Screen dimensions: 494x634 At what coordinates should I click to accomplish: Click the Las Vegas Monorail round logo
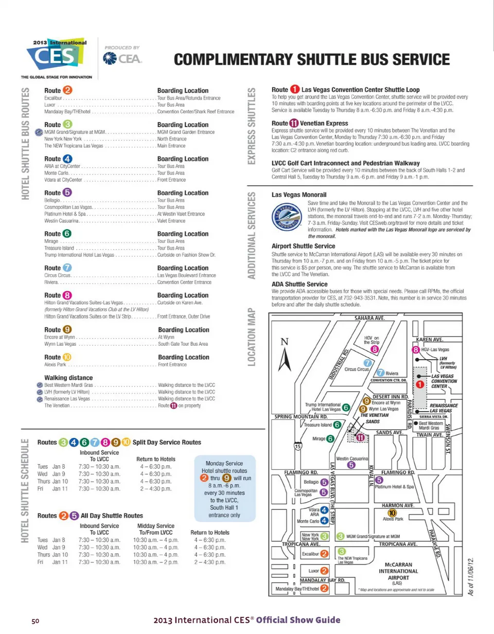click(287, 217)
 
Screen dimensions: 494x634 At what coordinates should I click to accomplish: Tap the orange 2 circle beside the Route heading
click(67, 90)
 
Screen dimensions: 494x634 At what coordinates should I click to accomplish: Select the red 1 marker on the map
click(419, 385)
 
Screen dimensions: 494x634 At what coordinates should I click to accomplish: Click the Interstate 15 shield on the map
click(298, 446)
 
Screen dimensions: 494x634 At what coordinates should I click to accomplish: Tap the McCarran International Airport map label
click(398, 574)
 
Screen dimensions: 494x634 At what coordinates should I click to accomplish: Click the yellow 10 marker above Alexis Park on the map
click(392, 513)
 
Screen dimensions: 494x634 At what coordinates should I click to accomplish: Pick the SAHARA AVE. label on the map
click(369, 318)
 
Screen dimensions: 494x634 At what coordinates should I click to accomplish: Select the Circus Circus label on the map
click(357, 369)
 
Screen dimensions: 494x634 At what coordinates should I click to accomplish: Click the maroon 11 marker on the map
click(360, 437)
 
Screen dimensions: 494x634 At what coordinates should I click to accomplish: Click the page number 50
click(36, 621)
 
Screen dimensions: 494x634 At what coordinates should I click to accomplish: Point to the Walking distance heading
click(68, 378)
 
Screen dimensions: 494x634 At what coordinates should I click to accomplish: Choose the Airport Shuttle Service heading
click(303, 246)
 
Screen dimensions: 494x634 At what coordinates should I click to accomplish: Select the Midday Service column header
click(156, 526)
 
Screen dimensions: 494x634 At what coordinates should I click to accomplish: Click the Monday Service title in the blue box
click(224, 463)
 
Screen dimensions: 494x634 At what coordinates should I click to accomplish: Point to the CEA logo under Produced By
click(122, 58)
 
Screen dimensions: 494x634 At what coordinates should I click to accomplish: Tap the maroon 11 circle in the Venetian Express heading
click(294, 123)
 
